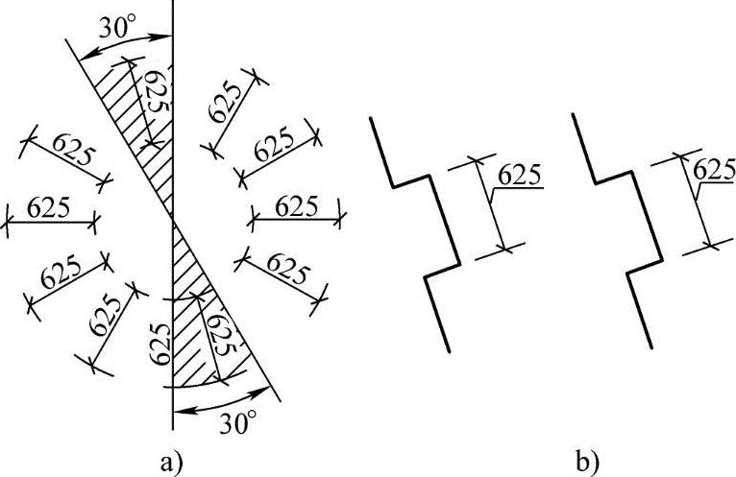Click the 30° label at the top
tap(119, 30)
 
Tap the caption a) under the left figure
tap(165, 463)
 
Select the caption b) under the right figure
tap(585, 463)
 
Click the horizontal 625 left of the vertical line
tap(50, 207)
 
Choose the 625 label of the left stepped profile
tap(519, 175)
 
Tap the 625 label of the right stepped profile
tap(713, 169)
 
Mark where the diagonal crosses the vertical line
tap(172, 219)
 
